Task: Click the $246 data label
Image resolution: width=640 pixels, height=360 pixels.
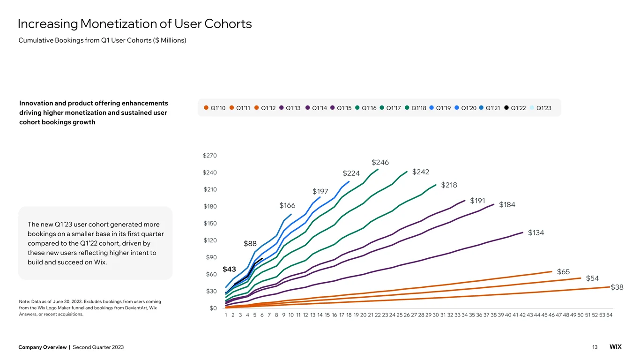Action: (380, 162)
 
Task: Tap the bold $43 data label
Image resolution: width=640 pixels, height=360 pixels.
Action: (229, 269)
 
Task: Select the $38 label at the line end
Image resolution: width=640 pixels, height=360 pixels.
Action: (617, 287)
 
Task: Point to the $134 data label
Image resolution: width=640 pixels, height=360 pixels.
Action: (536, 233)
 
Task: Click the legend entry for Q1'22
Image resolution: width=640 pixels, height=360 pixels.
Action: (515, 108)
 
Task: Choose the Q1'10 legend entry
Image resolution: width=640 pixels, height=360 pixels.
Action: (215, 108)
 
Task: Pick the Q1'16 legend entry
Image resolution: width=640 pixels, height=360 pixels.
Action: (366, 108)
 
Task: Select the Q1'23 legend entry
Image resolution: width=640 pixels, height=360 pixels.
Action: (540, 108)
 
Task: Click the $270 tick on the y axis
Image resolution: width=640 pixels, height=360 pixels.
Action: (210, 156)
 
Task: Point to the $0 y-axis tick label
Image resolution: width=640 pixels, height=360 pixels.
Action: (213, 308)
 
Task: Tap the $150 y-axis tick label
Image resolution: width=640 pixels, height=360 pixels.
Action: (210, 223)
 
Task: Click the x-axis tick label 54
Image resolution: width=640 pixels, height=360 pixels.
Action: (609, 315)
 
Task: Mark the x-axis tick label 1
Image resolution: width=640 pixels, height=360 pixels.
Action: (226, 315)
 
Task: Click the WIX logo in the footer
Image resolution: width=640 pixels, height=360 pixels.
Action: (616, 347)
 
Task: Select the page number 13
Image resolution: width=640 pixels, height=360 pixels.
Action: (595, 347)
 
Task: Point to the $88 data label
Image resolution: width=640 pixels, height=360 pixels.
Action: (250, 244)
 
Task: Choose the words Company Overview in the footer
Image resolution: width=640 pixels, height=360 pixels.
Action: (43, 347)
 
